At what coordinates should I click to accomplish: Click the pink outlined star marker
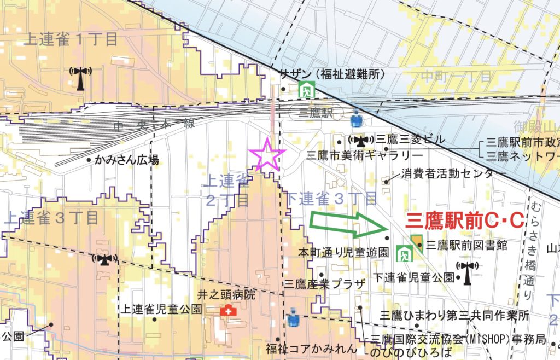pos(267,155)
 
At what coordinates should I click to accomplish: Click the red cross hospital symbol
pos(226,310)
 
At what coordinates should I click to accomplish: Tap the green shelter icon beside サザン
pos(305,89)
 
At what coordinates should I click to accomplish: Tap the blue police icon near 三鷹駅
pos(356,118)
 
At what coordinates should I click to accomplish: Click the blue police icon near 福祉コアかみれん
pos(293,319)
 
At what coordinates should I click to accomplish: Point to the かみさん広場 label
pos(126,160)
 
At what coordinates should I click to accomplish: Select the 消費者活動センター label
pos(454,174)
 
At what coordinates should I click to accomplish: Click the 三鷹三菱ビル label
pos(411,140)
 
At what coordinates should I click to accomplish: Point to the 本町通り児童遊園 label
pos(342,253)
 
